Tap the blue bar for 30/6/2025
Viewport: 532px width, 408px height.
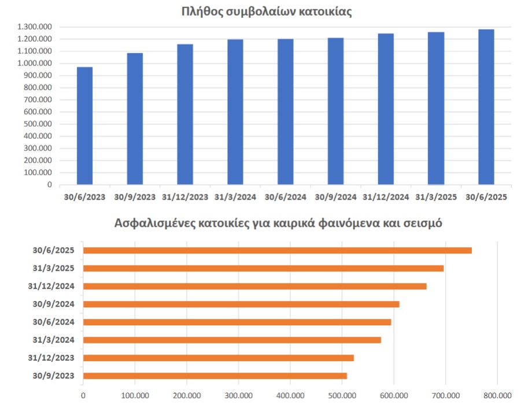point(486,107)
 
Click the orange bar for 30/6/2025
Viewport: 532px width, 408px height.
point(278,251)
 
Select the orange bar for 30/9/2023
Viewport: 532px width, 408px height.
point(215,376)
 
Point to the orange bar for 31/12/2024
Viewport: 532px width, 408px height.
point(255,286)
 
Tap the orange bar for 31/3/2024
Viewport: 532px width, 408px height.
point(232,340)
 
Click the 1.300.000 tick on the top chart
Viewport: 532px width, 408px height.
point(35,27)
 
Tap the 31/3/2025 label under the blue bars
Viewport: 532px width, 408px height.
point(436,197)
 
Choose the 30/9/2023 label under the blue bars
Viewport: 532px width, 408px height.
point(135,197)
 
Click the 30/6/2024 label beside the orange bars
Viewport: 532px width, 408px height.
point(54,322)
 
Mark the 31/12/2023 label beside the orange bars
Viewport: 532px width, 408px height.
point(51,358)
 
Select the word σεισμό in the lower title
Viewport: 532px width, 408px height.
point(422,223)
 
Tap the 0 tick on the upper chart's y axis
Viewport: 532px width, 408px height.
point(50,185)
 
